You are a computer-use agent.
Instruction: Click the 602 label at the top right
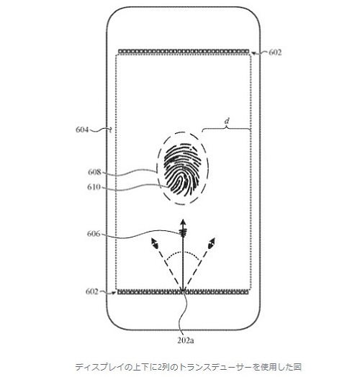(275, 53)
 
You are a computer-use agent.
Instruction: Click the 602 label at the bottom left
(92, 291)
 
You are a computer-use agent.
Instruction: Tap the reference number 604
(82, 130)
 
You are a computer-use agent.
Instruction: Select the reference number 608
(94, 172)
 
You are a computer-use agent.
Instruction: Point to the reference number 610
(94, 187)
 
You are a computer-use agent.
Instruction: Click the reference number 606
(94, 233)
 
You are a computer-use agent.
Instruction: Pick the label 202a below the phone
(186, 340)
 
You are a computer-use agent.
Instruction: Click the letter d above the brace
(227, 121)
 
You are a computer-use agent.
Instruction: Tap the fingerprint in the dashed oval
(181, 168)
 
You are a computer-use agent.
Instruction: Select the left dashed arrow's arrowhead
(154, 242)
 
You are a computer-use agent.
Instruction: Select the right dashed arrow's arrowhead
(212, 242)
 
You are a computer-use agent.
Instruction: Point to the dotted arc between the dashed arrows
(183, 253)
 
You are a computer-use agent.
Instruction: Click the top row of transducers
(184, 51)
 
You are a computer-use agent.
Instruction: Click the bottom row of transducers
(183, 292)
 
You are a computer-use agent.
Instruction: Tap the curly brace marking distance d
(227, 130)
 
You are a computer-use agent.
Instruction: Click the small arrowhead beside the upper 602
(254, 53)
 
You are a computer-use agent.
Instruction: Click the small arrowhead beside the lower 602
(114, 293)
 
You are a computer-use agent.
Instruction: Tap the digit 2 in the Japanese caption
(160, 367)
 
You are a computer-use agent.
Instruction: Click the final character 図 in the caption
(297, 367)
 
